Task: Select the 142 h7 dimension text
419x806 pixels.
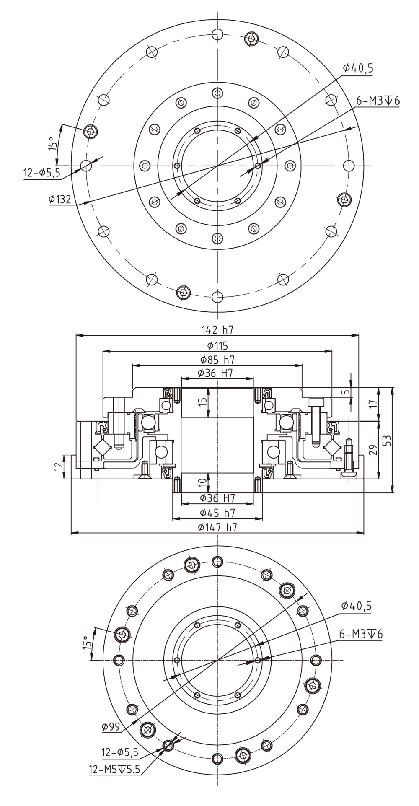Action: click(x=217, y=330)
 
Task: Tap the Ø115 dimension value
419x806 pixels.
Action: click(x=217, y=346)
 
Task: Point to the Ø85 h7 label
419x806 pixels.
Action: click(x=217, y=360)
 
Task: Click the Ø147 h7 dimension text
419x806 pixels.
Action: click(x=217, y=527)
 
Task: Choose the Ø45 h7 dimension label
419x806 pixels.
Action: click(x=217, y=513)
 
